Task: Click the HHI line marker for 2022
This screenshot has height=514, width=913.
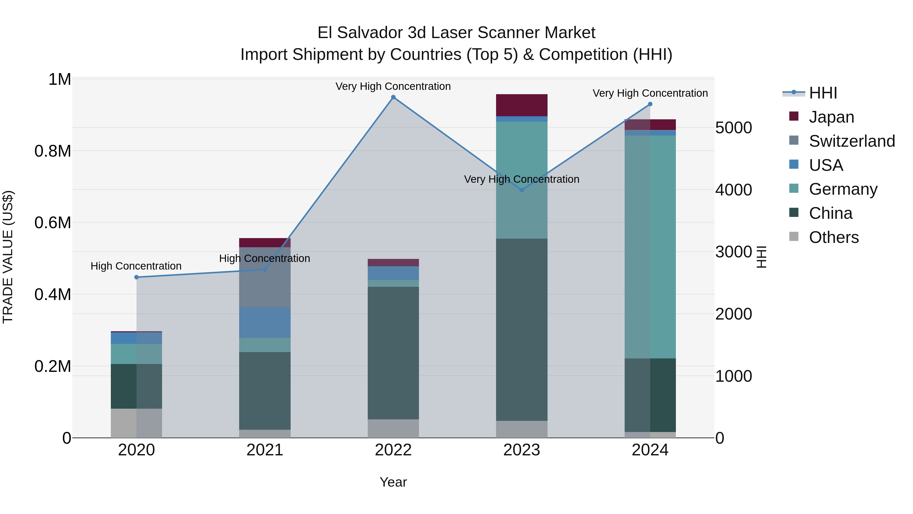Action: tap(393, 97)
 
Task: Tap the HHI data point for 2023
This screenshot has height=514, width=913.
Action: tap(521, 190)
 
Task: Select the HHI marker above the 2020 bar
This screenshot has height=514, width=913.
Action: tap(136, 277)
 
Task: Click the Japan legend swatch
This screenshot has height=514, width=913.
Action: tap(794, 116)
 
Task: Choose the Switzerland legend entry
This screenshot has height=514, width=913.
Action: tap(852, 141)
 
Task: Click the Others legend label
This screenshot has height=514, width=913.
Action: tap(834, 237)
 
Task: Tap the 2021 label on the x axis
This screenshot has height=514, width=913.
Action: tap(265, 450)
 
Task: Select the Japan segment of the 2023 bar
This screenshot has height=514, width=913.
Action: tap(521, 105)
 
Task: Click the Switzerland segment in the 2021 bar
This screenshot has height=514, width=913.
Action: tap(265, 277)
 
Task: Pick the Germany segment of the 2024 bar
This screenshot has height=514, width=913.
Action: tap(650, 246)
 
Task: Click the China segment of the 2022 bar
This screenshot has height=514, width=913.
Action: tap(393, 353)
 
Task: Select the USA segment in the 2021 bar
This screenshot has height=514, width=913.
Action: tap(265, 322)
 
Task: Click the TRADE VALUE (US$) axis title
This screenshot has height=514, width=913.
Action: tap(8, 257)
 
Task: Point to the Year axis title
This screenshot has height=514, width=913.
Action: tap(393, 482)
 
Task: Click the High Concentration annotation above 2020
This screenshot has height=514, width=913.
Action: tap(136, 266)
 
